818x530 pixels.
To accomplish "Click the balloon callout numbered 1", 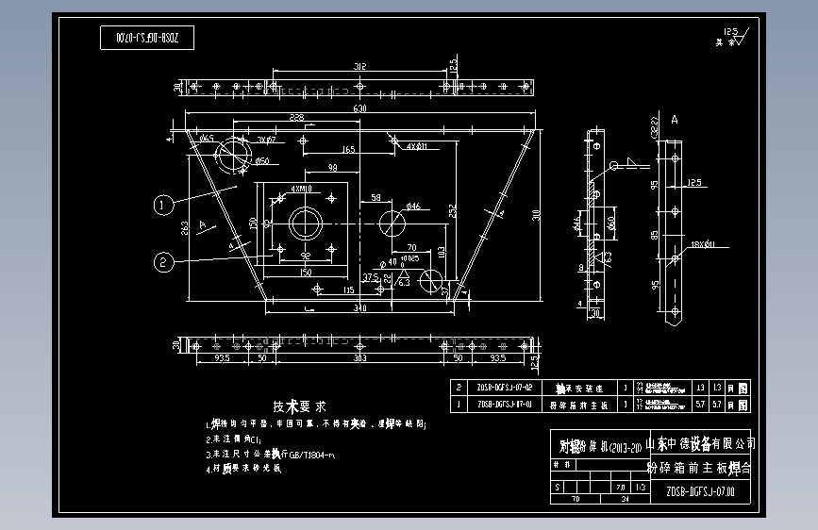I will click(x=163, y=203).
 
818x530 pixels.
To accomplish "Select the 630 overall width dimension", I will click(x=359, y=110).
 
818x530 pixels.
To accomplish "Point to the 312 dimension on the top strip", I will click(x=359, y=66).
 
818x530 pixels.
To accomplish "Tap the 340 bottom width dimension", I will click(x=359, y=307).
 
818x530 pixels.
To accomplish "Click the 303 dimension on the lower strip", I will click(x=359, y=358).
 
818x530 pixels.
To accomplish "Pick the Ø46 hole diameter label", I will click(x=413, y=206).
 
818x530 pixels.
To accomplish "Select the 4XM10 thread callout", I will click(x=303, y=189).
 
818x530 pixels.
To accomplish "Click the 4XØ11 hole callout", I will click(x=417, y=147).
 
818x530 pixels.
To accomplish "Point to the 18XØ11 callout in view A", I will click(x=703, y=245).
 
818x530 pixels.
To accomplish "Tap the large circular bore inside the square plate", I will click(x=306, y=224).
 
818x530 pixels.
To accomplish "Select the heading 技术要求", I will click(x=299, y=406).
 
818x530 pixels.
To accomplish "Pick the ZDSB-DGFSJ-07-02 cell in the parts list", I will click(x=505, y=388).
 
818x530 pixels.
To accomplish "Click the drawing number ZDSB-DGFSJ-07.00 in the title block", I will click(x=699, y=491).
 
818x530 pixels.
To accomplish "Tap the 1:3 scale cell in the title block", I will click(x=641, y=488).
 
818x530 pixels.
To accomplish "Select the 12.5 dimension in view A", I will click(x=693, y=181).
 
